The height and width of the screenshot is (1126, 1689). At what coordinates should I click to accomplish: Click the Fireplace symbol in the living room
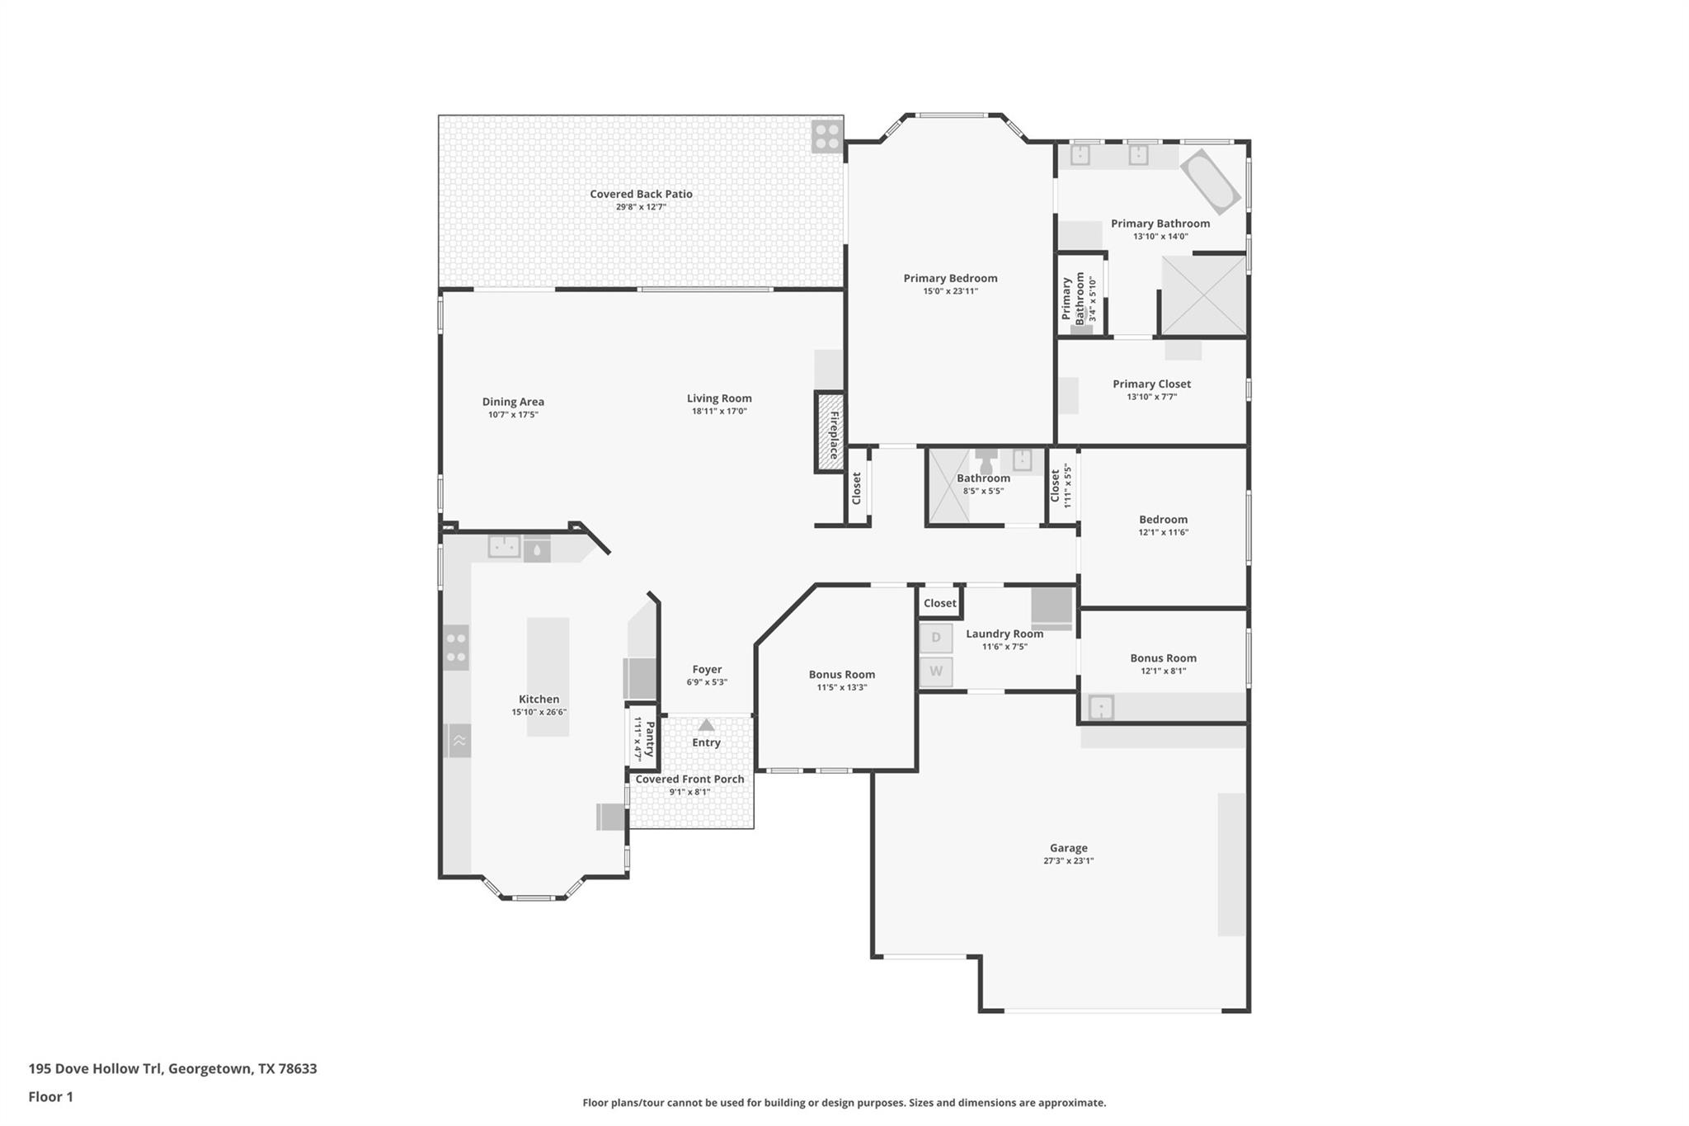tap(830, 431)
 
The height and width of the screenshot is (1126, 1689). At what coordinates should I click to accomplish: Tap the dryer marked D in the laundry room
tap(936, 638)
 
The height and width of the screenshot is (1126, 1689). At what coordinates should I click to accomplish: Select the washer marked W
tap(936, 671)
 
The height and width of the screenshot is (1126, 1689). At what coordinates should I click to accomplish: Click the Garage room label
tap(1068, 847)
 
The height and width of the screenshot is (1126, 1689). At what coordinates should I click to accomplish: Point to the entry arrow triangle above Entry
tap(706, 725)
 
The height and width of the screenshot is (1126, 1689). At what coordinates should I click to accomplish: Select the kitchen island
tap(548, 676)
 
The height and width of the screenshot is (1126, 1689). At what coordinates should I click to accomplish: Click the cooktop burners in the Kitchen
tap(456, 648)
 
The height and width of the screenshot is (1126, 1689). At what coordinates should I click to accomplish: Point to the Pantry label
tap(650, 739)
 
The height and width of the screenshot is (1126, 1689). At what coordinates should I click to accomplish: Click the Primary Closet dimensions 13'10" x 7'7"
tap(1151, 397)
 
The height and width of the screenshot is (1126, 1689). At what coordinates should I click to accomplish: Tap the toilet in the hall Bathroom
tap(986, 461)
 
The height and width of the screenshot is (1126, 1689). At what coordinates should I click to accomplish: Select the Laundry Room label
tap(1004, 634)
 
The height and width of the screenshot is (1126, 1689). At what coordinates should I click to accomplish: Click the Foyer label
tap(707, 669)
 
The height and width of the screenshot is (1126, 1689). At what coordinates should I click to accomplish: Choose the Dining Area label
tap(513, 402)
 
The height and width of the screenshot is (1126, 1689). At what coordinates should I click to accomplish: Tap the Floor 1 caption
tap(50, 1096)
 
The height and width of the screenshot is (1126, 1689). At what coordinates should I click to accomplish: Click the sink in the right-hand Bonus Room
tap(1101, 708)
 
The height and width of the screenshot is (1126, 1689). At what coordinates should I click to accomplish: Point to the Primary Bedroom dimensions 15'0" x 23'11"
tap(950, 291)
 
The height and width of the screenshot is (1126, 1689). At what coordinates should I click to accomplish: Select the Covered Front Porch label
tap(689, 779)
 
